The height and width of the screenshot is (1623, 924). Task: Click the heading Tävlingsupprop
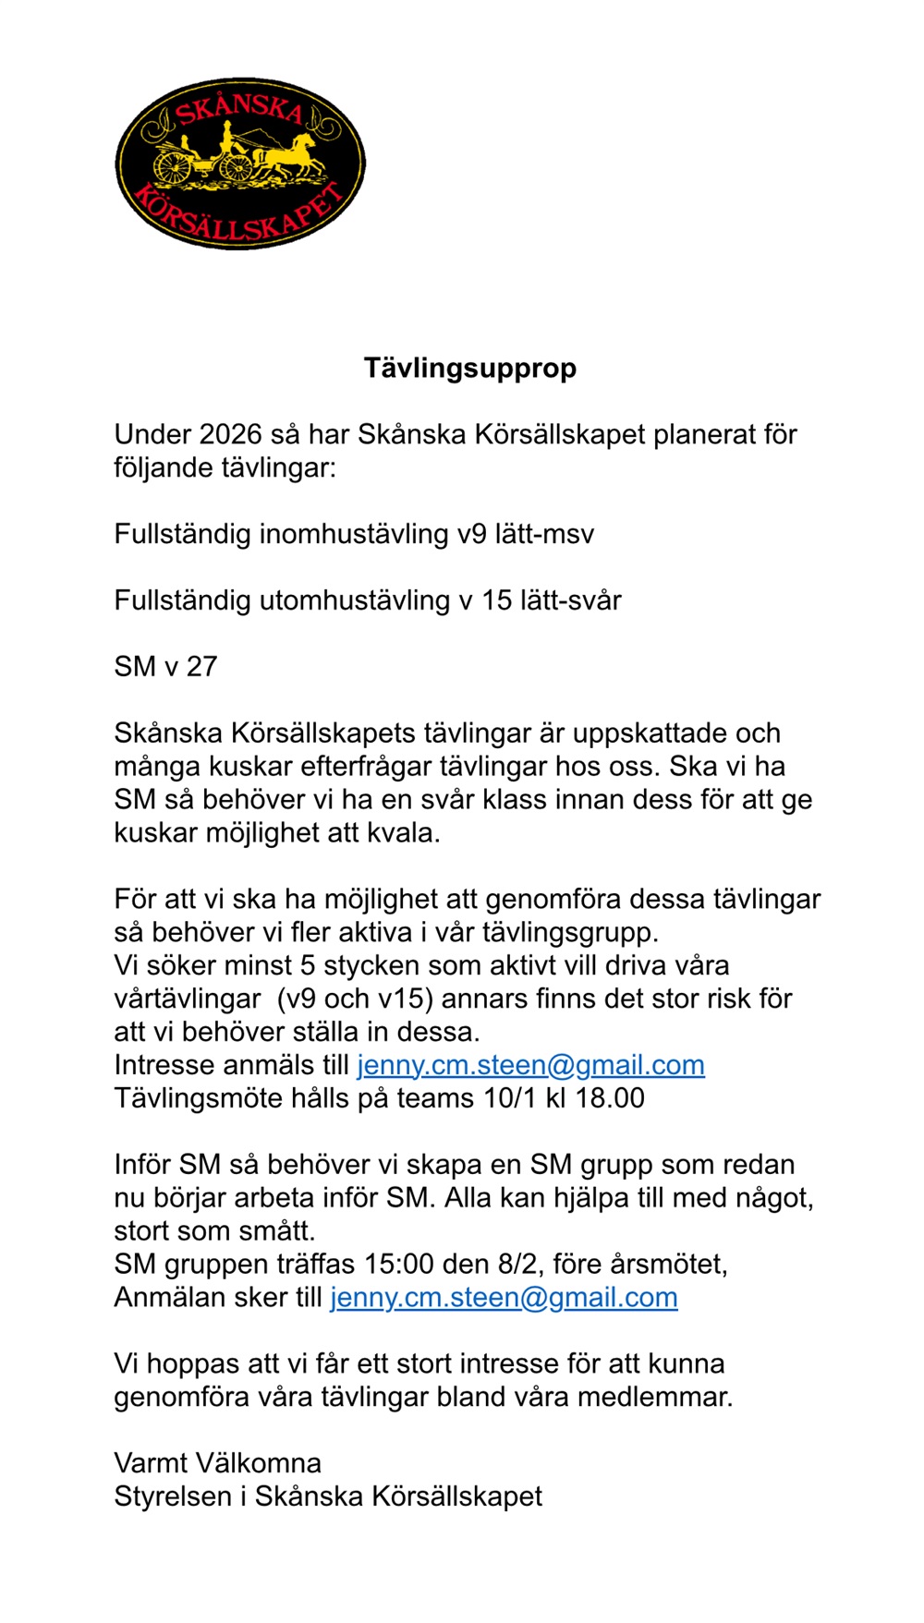point(469,368)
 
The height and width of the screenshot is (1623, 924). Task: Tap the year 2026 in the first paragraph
point(231,434)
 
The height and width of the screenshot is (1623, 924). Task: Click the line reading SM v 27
point(165,667)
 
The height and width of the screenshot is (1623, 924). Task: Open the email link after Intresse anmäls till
point(530,1065)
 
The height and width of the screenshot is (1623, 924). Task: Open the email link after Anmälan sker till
point(504,1298)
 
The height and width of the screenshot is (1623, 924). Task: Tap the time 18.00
point(610,1098)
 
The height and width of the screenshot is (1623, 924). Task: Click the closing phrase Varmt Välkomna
point(217,1463)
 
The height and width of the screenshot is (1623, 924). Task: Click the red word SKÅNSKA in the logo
point(239,109)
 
